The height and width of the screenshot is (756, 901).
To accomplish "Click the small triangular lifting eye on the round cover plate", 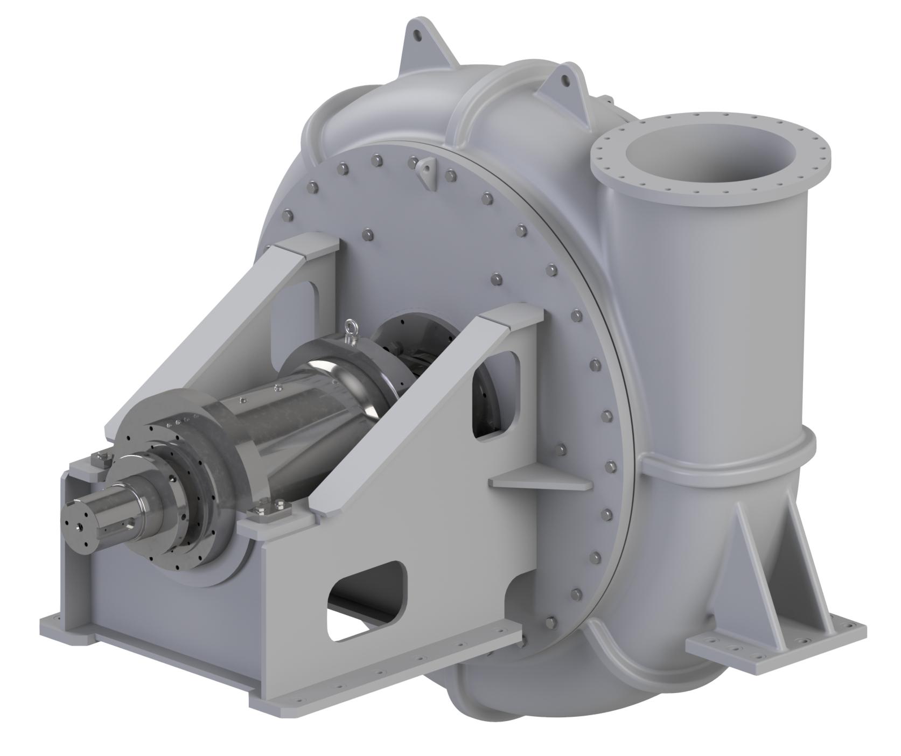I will click(428, 171).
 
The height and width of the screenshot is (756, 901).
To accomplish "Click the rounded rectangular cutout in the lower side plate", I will click(366, 598).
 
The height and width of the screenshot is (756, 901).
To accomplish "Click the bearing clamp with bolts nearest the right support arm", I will click(269, 512).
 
